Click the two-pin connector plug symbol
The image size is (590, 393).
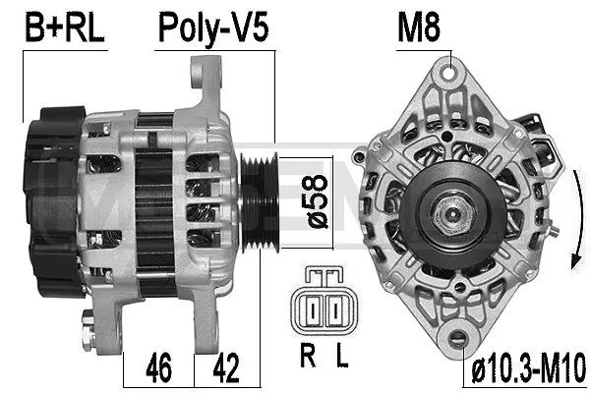coord(324,309)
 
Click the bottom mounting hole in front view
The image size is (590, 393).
coord(460,339)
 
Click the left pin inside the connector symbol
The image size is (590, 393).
coord(313,312)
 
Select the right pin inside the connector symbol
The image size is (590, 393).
coord(334,312)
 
